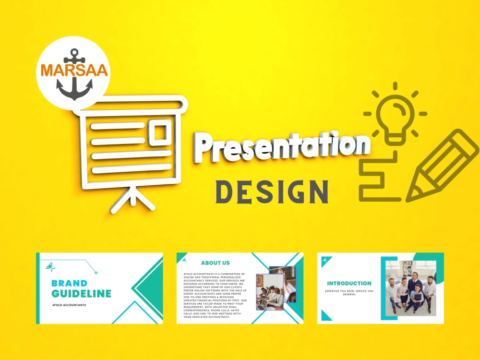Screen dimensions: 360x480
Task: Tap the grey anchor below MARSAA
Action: coord(74,87)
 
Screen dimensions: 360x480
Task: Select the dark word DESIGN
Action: coord(272,191)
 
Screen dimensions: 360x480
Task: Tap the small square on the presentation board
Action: coord(159,131)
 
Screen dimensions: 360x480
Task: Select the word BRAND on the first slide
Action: coord(69,283)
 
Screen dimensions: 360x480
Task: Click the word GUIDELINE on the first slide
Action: coord(81,293)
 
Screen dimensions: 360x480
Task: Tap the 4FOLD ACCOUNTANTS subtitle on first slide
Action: coord(69,305)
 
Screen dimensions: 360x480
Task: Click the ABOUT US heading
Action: coord(215,263)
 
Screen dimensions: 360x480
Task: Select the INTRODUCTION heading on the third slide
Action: coord(349,283)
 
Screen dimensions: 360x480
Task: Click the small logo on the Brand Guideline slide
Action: coord(49,265)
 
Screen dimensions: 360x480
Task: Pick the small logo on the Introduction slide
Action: coord(326,261)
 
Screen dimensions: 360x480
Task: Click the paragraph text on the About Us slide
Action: coord(215,295)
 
